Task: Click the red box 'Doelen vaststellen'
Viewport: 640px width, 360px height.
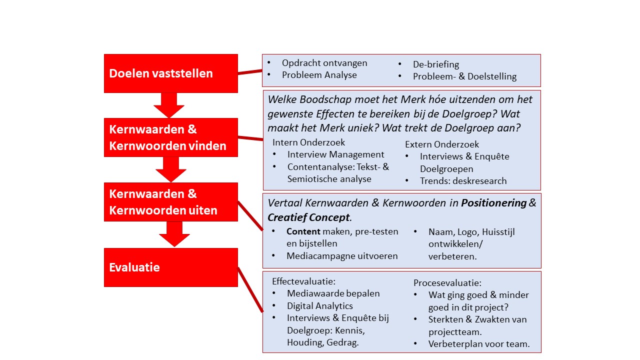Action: click(x=170, y=73)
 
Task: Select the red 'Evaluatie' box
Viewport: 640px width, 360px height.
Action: click(x=170, y=267)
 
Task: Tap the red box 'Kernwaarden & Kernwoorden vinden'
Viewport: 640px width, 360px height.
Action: click(x=170, y=137)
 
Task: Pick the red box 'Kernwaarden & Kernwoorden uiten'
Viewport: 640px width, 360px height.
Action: click(x=170, y=202)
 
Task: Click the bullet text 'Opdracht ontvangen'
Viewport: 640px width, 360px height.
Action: click(x=324, y=63)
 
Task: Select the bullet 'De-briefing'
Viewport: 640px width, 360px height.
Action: click(x=435, y=64)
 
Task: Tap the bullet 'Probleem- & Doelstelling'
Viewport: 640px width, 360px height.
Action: click(x=464, y=76)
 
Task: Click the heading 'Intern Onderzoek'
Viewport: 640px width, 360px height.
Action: click(x=308, y=142)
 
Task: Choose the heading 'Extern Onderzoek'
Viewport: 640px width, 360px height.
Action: click(x=442, y=144)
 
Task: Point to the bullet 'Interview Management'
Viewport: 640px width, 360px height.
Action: click(x=335, y=154)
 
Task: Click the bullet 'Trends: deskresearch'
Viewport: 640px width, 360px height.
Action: click(x=463, y=181)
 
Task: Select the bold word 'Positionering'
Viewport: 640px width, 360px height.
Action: click(x=493, y=203)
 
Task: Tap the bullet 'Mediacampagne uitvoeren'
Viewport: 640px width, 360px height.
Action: click(x=342, y=256)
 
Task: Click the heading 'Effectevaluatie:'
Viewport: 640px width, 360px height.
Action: click(x=303, y=281)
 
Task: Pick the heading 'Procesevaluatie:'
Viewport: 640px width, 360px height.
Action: click(x=447, y=283)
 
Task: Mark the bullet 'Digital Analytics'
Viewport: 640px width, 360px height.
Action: click(x=319, y=306)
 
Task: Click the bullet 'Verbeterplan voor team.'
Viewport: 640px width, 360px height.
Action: click(x=479, y=344)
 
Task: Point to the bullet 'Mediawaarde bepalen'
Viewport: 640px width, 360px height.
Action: click(x=333, y=293)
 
